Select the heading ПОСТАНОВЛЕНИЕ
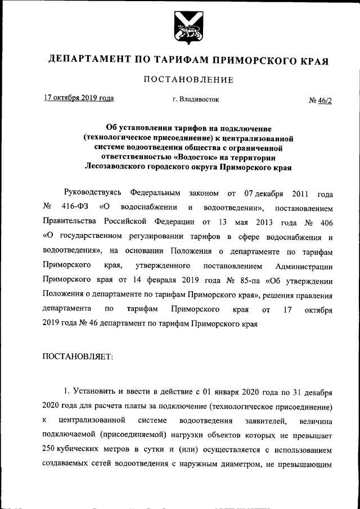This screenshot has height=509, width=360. [180, 79]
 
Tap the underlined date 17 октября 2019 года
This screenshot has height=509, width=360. [79, 98]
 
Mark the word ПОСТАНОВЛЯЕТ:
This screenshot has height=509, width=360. [77, 355]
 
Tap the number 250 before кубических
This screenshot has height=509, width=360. [51, 450]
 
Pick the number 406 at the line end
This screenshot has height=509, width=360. [325, 221]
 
